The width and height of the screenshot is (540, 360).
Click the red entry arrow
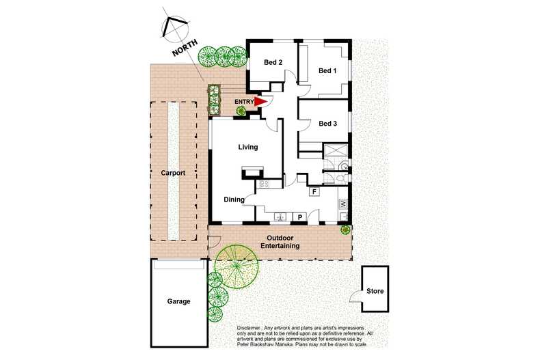[260, 102]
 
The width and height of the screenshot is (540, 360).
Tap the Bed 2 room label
[273, 63]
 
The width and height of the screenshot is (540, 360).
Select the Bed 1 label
[327, 71]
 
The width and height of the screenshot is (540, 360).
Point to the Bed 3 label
[328, 124]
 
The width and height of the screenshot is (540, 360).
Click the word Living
[247, 147]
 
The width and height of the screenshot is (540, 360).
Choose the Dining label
[234, 200]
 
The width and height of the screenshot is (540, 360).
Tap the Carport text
[174, 174]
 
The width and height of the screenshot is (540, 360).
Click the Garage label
[178, 301]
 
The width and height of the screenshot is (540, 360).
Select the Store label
[375, 292]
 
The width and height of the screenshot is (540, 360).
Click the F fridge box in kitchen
[314, 191]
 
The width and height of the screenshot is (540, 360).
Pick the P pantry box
[299, 217]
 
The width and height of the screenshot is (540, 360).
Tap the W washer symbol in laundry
[344, 204]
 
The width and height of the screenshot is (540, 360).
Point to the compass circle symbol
[174, 27]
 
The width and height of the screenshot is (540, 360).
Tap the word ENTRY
[243, 102]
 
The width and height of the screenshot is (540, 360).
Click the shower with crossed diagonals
[336, 152]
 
